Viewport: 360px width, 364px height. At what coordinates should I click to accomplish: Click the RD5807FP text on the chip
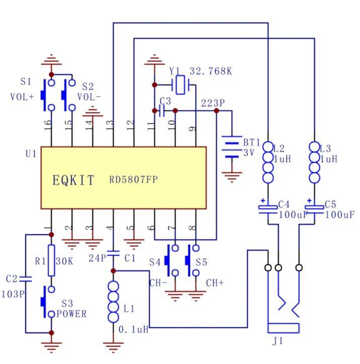click(134, 179)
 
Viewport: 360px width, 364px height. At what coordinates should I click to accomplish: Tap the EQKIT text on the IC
click(73, 180)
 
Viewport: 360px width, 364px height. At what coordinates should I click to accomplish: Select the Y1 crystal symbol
click(181, 85)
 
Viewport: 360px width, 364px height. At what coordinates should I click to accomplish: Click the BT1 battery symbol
click(232, 147)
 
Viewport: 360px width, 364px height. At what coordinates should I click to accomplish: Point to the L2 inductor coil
click(268, 162)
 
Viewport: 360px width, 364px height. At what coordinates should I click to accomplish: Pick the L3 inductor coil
click(315, 162)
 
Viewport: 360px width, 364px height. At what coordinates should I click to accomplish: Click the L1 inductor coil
click(113, 302)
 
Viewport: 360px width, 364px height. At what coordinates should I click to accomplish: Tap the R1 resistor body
click(51, 260)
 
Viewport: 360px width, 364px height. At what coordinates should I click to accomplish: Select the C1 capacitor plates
click(113, 253)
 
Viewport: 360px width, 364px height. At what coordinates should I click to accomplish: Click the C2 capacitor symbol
click(26, 279)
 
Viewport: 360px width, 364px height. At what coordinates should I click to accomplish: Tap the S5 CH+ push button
click(193, 260)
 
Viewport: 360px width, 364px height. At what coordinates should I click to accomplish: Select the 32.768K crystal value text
click(211, 71)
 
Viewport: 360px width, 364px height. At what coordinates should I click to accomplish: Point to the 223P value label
click(213, 103)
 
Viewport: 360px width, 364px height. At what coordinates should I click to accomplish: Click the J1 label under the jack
click(278, 341)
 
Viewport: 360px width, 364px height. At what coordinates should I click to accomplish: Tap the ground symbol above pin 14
click(93, 113)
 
